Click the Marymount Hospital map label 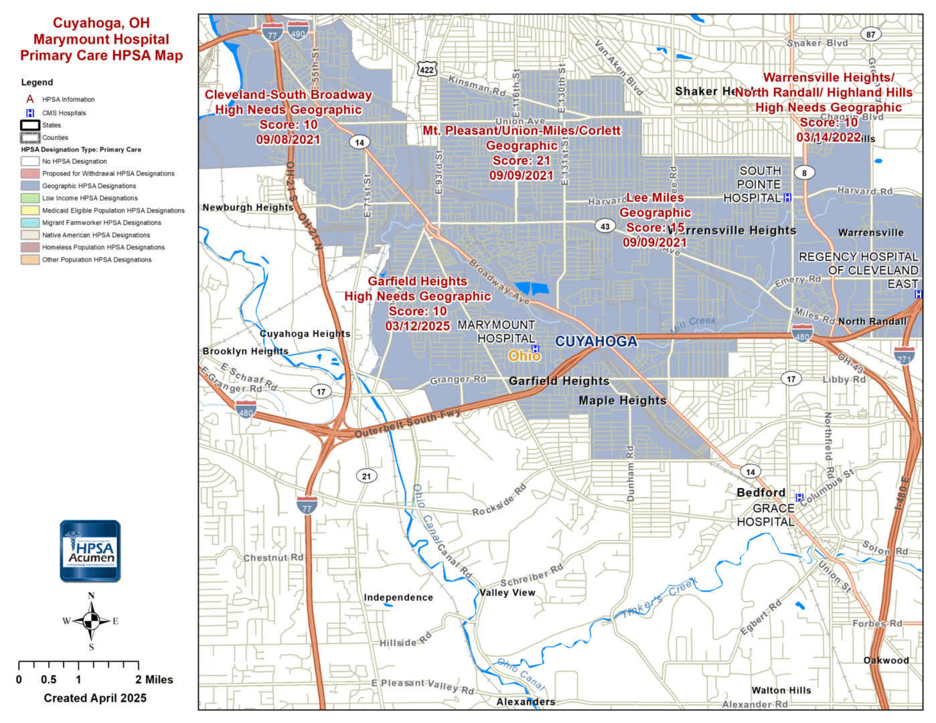[496, 332]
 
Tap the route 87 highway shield [870, 34]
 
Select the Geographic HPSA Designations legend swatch [30, 186]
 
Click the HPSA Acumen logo [90, 551]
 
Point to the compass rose [91, 621]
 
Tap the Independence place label [398, 597]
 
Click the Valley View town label [508, 592]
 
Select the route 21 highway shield [366, 476]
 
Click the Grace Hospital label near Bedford [765, 515]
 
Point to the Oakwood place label [886, 660]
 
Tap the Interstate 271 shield [904, 355]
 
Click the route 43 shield [605, 226]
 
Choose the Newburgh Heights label [248, 208]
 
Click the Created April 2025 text [95, 698]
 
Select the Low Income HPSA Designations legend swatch [30, 198]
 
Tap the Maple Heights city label [623, 400]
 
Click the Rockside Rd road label [499, 501]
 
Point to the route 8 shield [804, 173]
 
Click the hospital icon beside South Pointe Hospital [787, 197]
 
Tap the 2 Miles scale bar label [154, 679]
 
